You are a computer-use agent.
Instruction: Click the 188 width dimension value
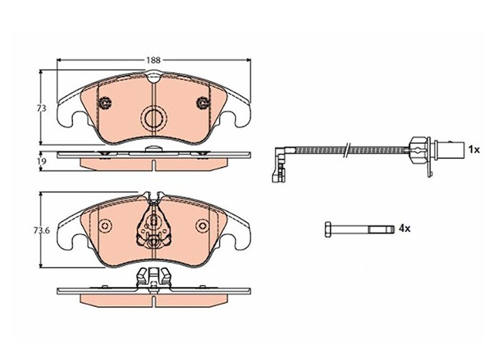click(153, 60)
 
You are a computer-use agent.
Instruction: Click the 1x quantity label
click(474, 149)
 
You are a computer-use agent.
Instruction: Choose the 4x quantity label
click(404, 229)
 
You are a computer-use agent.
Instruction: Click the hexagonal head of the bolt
click(328, 229)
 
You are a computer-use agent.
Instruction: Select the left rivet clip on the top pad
click(104, 103)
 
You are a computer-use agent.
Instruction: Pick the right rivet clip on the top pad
click(203, 103)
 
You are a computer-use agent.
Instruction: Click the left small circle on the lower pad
click(104, 225)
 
